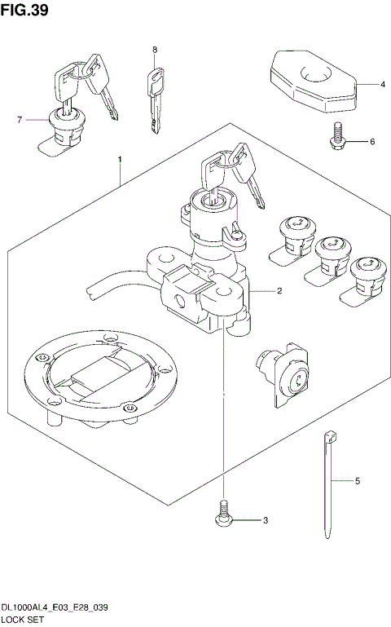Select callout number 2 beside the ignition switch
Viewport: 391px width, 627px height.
click(279, 290)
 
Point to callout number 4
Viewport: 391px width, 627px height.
click(381, 84)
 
